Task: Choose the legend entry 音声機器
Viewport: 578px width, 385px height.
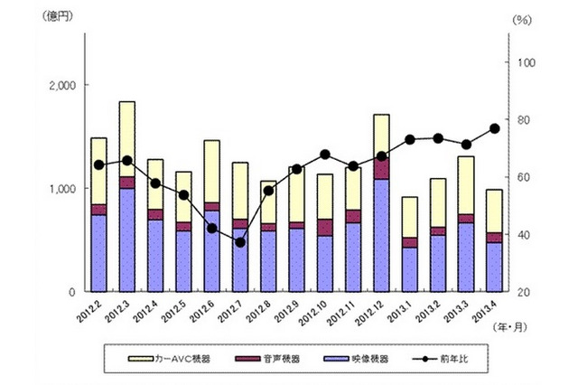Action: pos(285,359)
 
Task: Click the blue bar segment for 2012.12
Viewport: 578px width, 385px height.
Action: pos(381,235)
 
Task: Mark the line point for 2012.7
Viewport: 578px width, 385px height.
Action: pos(239,242)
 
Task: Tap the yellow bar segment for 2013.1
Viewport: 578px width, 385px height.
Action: pos(409,217)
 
